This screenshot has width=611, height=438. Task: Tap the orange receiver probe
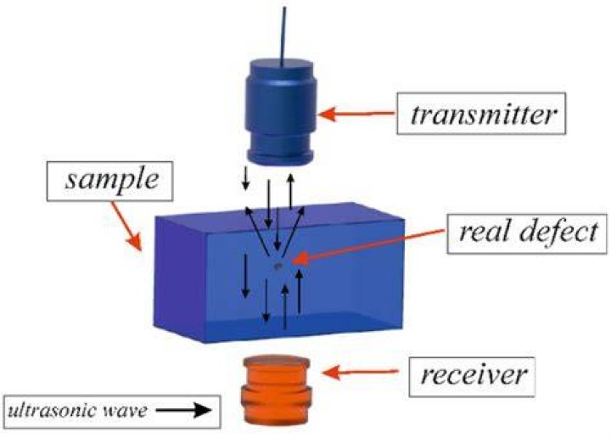pyautogui.click(x=276, y=389)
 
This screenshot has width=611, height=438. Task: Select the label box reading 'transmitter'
pyautogui.click(x=482, y=114)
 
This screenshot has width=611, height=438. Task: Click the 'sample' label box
pyautogui.click(x=109, y=181)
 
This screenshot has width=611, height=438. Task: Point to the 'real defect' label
pyautogui.click(x=527, y=233)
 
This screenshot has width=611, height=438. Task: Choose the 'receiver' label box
pyautogui.click(x=472, y=376)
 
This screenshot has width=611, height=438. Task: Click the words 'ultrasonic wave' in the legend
pyautogui.click(x=78, y=411)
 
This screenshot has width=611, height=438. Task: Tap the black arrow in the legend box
pyautogui.click(x=184, y=411)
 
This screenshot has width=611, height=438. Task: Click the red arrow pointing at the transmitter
pyautogui.click(x=356, y=115)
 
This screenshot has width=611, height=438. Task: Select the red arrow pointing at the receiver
pyautogui.click(x=360, y=373)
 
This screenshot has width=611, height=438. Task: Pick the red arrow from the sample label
pyautogui.click(x=126, y=226)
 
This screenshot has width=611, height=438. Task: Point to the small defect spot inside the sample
pyautogui.click(x=277, y=267)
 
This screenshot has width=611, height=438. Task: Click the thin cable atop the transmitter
pyautogui.click(x=283, y=36)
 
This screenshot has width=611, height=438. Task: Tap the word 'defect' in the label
pyautogui.click(x=558, y=233)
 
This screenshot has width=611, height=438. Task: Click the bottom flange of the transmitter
pyautogui.click(x=281, y=156)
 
